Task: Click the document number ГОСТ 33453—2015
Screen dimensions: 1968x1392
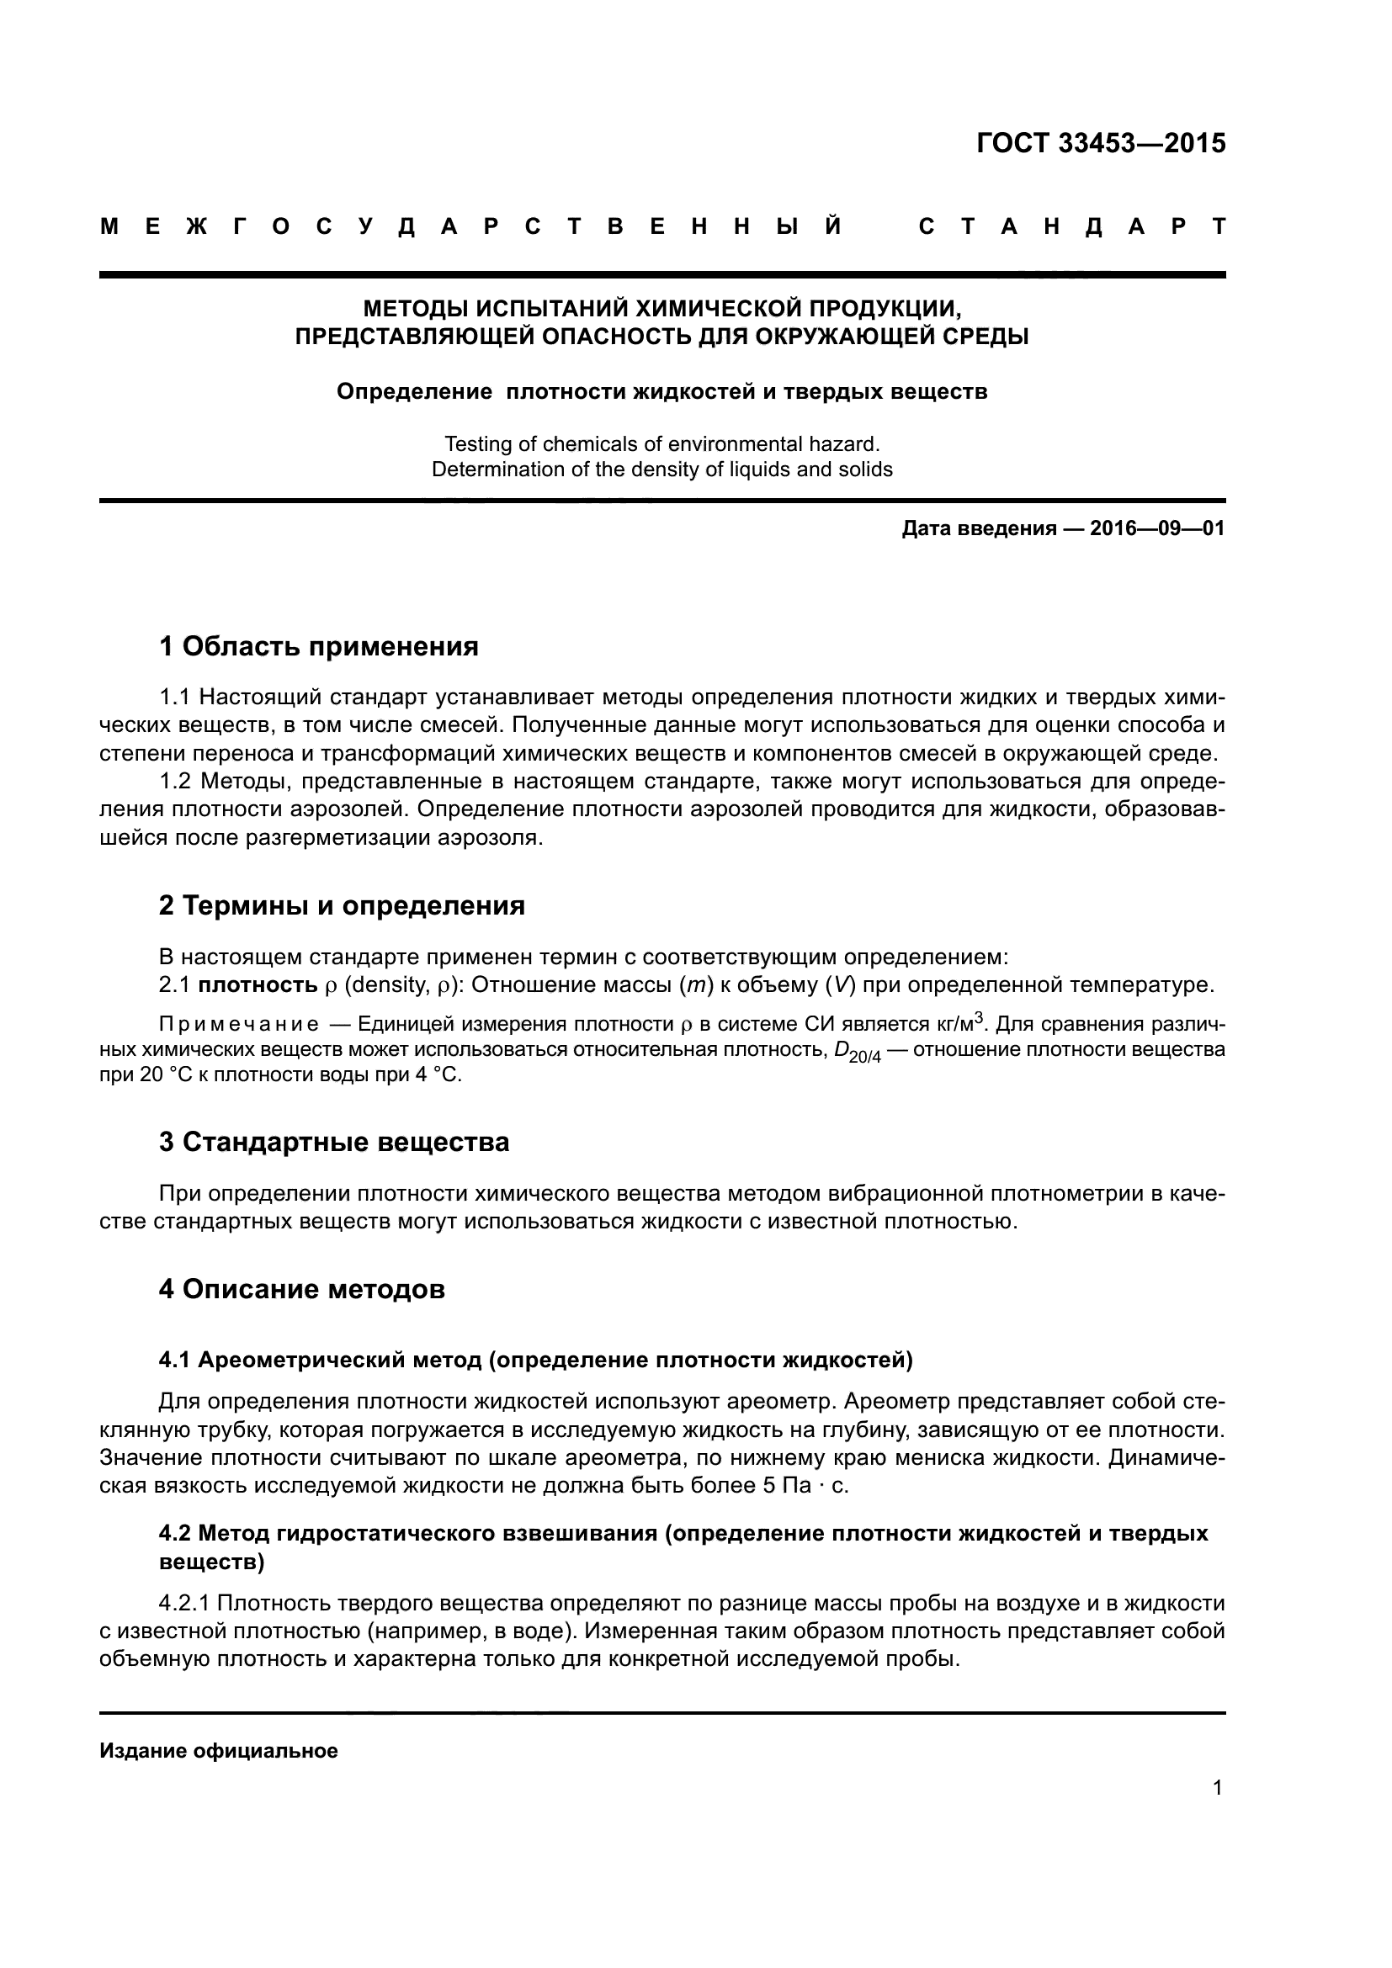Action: [x=1101, y=143]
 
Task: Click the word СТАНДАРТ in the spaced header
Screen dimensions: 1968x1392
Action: [x=1071, y=227]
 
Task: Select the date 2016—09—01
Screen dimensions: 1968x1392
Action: [x=1156, y=528]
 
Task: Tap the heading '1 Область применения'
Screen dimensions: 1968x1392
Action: [x=318, y=646]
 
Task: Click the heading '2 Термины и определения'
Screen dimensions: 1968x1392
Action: [x=341, y=905]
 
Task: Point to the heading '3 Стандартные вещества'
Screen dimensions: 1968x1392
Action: [x=333, y=1142]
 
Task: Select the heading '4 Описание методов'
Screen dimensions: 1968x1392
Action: [x=302, y=1289]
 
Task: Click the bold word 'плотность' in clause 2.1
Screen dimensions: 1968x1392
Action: [x=258, y=985]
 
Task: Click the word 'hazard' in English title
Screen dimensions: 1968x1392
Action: [x=850, y=444]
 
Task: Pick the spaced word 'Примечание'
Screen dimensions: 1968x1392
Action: [x=239, y=1025]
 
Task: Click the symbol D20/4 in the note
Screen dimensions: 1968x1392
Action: [x=856, y=1052]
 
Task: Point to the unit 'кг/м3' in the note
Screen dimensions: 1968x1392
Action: [x=959, y=1023]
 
